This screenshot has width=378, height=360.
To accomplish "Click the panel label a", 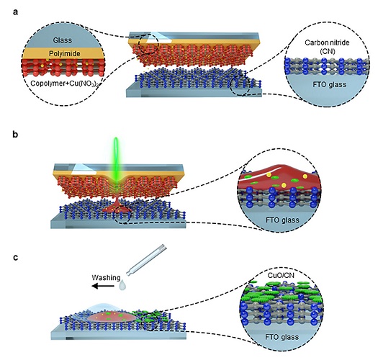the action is click(x=15, y=12).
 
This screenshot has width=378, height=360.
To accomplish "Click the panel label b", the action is click(x=15, y=134).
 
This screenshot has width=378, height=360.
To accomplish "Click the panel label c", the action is click(x=15, y=257).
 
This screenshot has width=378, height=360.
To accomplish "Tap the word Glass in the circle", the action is click(x=63, y=40).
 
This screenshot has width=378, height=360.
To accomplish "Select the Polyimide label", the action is click(x=65, y=53).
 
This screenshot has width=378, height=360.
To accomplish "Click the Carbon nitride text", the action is click(x=327, y=42).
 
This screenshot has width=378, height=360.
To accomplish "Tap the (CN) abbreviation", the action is click(x=328, y=51).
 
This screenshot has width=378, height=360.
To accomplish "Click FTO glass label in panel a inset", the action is click(x=330, y=85).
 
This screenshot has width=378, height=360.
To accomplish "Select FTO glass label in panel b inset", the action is click(x=282, y=220).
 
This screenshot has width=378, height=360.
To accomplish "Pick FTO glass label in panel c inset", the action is click(x=282, y=337).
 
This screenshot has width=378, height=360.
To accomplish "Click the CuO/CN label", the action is click(x=281, y=275).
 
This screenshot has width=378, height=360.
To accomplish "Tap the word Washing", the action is click(x=106, y=277).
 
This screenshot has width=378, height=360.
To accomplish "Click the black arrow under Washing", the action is click(x=104, y=286).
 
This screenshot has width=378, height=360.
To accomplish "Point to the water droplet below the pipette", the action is click(x=123, y=284).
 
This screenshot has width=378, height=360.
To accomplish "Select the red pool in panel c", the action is click(x=112, y=316).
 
